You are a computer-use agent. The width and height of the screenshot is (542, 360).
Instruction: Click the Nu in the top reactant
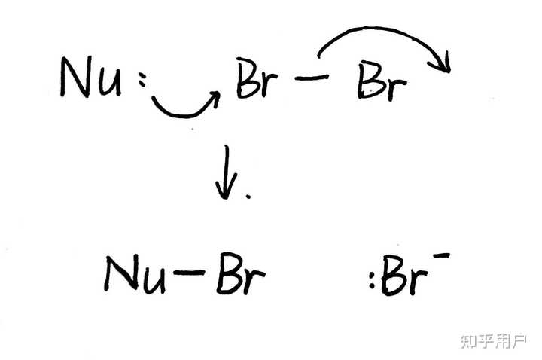90,78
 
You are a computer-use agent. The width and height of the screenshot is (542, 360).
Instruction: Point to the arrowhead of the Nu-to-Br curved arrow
215,96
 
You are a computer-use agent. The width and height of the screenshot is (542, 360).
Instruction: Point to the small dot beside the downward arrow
248,194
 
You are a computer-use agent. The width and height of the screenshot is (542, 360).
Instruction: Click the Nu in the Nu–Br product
136,274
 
